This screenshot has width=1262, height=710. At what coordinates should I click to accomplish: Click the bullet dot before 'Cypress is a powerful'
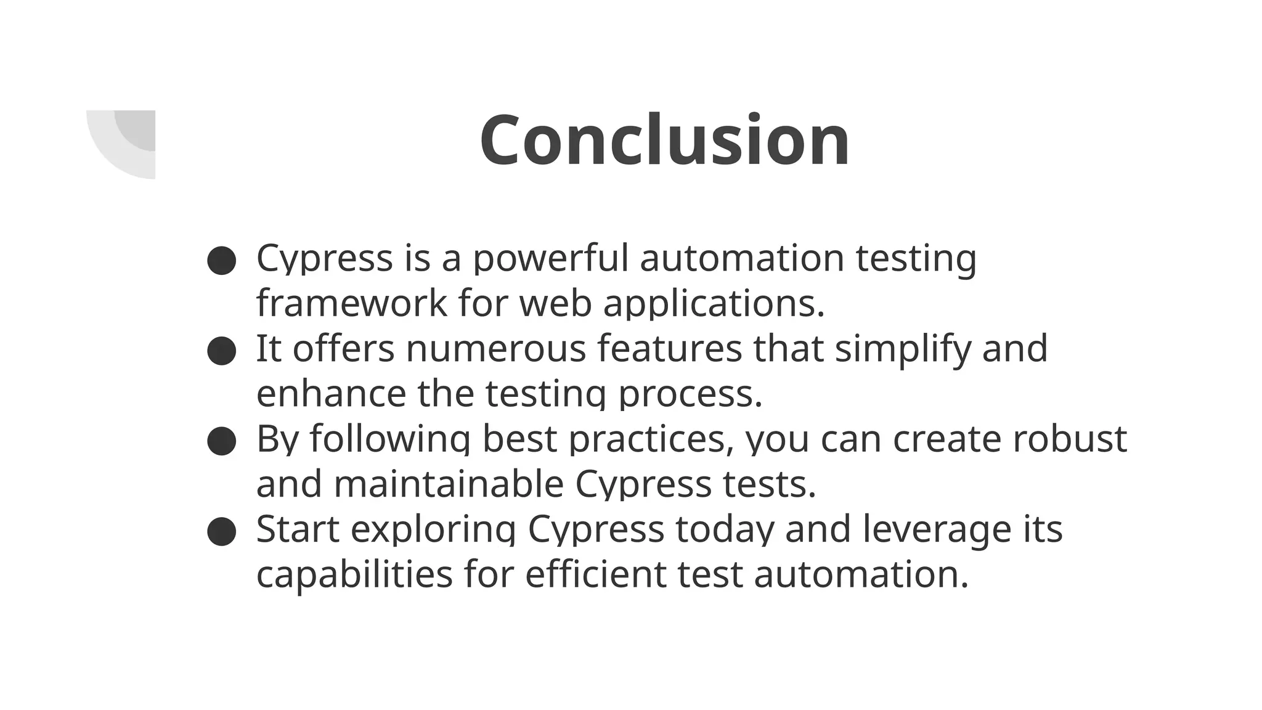[x=222, y=261]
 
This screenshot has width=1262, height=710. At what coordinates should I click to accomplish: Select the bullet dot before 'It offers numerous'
[x=222, y=351]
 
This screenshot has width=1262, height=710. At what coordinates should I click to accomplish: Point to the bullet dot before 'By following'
[x=222, y=441]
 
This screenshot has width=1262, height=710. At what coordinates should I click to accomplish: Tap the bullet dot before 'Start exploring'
[x=222, y=531]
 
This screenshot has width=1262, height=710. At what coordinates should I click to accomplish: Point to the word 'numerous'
[x=495, y=348]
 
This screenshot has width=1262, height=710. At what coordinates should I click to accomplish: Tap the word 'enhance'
[x=331, y=393]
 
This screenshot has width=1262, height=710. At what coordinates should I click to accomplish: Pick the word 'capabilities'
[x=354, y=574]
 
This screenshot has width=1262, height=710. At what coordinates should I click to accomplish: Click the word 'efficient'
[x=595, y=574]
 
